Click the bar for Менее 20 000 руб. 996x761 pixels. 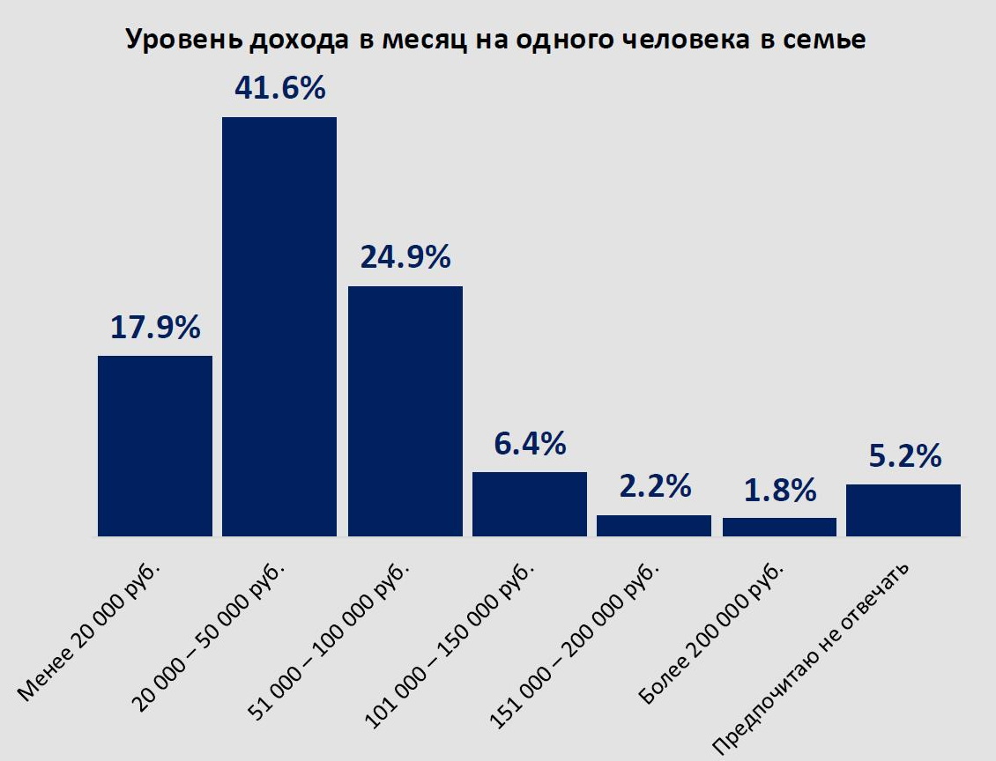point(155,446)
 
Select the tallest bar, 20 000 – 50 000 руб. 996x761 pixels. point(279,326)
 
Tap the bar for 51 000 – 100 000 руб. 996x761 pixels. point(405,410)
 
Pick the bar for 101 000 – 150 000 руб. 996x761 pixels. point(530,504)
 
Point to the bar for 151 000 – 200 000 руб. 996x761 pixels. point(654,525)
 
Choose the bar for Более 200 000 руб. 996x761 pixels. point(779,527)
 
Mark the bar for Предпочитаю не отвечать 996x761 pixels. point(903,510)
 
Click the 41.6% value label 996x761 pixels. point(279,88)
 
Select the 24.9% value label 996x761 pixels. point(405,257)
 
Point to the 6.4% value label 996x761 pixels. point(530,444)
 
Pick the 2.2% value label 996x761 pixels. point(654,486)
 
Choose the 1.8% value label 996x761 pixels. point(779,491)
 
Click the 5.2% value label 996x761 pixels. point(903,456)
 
